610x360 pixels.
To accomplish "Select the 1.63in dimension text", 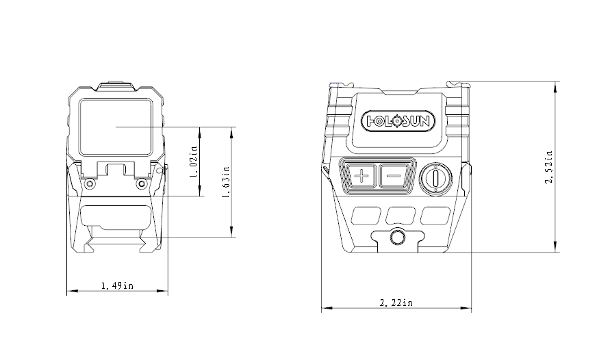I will point(225,182).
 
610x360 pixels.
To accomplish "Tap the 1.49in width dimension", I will point(116,285).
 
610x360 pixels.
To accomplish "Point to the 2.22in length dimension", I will point(397,303).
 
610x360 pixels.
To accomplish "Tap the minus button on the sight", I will point(393,177).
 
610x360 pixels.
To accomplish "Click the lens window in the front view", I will point(115,127).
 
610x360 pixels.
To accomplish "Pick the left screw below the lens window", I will point(89,183).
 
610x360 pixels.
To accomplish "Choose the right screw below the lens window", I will point(141,183).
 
